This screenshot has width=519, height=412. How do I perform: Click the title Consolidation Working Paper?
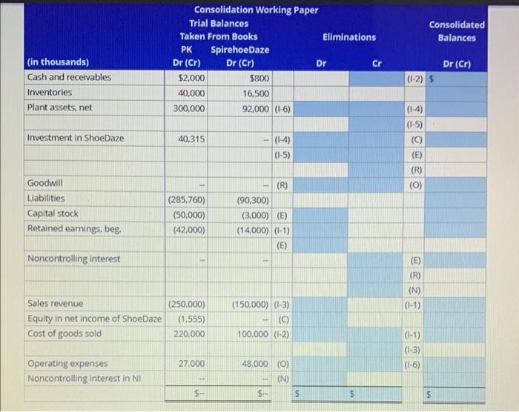[x=256, y=10]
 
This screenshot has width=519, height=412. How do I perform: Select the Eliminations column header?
[x=348, y=36]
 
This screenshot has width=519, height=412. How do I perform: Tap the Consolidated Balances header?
[x=457, y=30]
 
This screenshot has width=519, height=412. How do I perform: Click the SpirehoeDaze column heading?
[x=240, y=50]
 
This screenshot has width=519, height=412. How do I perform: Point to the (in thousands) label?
[x=58, y=62]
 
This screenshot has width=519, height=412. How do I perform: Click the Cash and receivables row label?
[x=69, y=77]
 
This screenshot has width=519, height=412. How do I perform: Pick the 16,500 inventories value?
[x=256, y=93]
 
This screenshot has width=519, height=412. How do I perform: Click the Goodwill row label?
[x=44, y=183]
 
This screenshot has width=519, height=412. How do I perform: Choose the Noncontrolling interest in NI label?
[x=85, y=379]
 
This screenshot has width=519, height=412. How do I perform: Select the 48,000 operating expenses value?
[x=254, y=364]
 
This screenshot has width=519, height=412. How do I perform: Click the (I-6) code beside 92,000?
[x=282, y=108]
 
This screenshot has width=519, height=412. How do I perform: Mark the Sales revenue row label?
[x=55, y=303]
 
